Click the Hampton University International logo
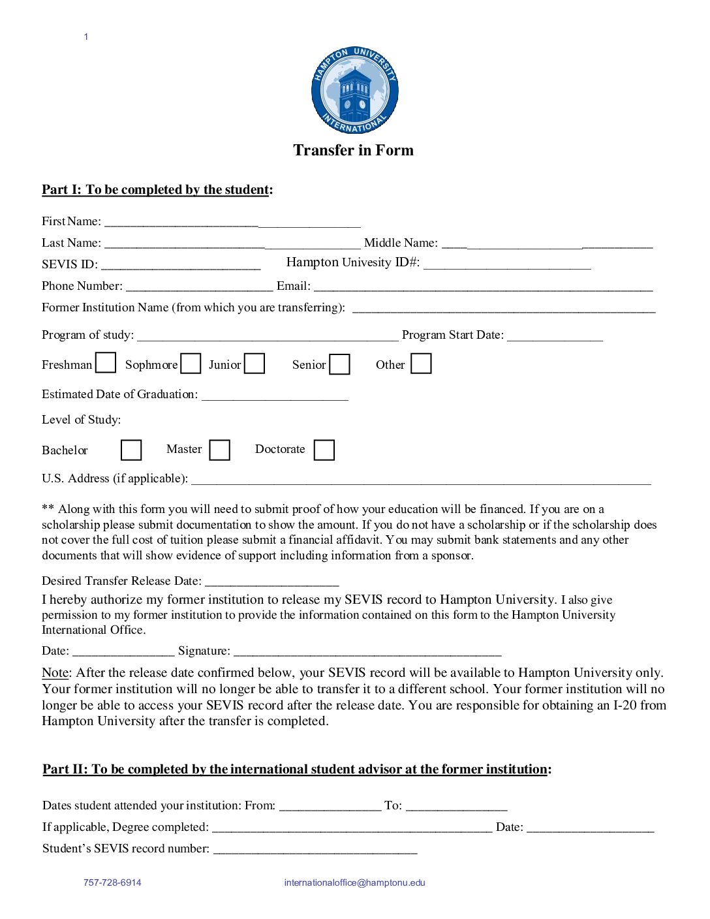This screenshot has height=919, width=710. pyautogui.click(x=354, y=90)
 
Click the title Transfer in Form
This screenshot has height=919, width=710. pyautogui.click(x=353, y=150)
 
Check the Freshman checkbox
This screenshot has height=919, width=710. pyautogui.click(x=106, y=363)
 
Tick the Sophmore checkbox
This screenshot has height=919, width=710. pyautogui.click(x=191, y=364)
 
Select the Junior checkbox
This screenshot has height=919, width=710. pyautogui.click(x=255, y=364)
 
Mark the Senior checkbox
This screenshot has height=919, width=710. pyautogui.click(x=339, y=364)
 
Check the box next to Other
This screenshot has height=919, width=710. pyautogui.click(x=421, y=364)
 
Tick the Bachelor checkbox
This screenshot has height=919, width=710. pyautogui.click(x=131, y=450)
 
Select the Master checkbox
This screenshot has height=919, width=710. pyautogui.click(x=219, y=450)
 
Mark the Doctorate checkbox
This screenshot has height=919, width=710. pyautogui.click(x=324, y=450)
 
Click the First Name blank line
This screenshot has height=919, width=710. pyautogui.click(x=232, y=222)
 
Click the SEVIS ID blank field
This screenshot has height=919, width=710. pyautogui.click(x=181, y=264)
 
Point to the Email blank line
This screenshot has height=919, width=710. pyautogui.click(x=483, y=286)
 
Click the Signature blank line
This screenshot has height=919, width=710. pyautogui.click(x=367, y=651)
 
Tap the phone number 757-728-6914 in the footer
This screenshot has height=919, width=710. pyautogui.click(x=112, y=882)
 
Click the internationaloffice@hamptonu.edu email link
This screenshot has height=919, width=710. pyautogui.click(x=354, y=882)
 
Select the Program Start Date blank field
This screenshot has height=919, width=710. pyautogui.click(x=555, y=335)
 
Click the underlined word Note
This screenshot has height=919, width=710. pyautogui.click(x=55, y=672)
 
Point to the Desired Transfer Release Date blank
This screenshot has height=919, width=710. pyautogui.click(x=272, y=582)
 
